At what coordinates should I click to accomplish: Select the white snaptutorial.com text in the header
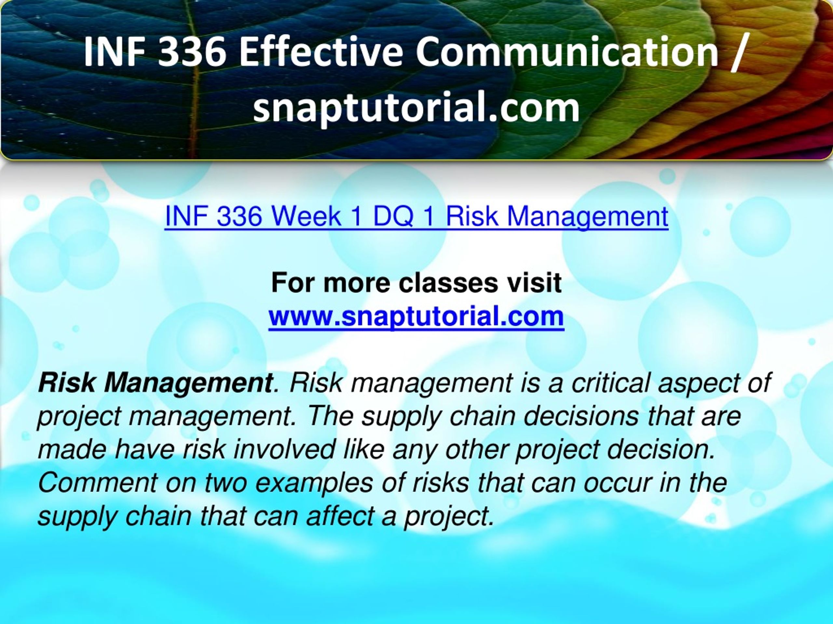coord(416,108)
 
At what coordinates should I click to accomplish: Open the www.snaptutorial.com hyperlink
coord(416,316)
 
